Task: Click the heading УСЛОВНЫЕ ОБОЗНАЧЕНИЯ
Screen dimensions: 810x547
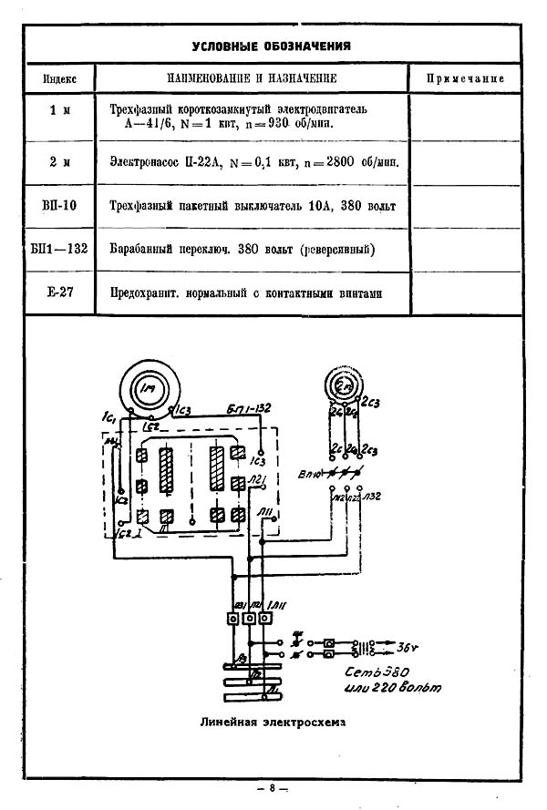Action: point(272,46)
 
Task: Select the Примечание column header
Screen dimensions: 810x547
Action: point(465,78)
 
